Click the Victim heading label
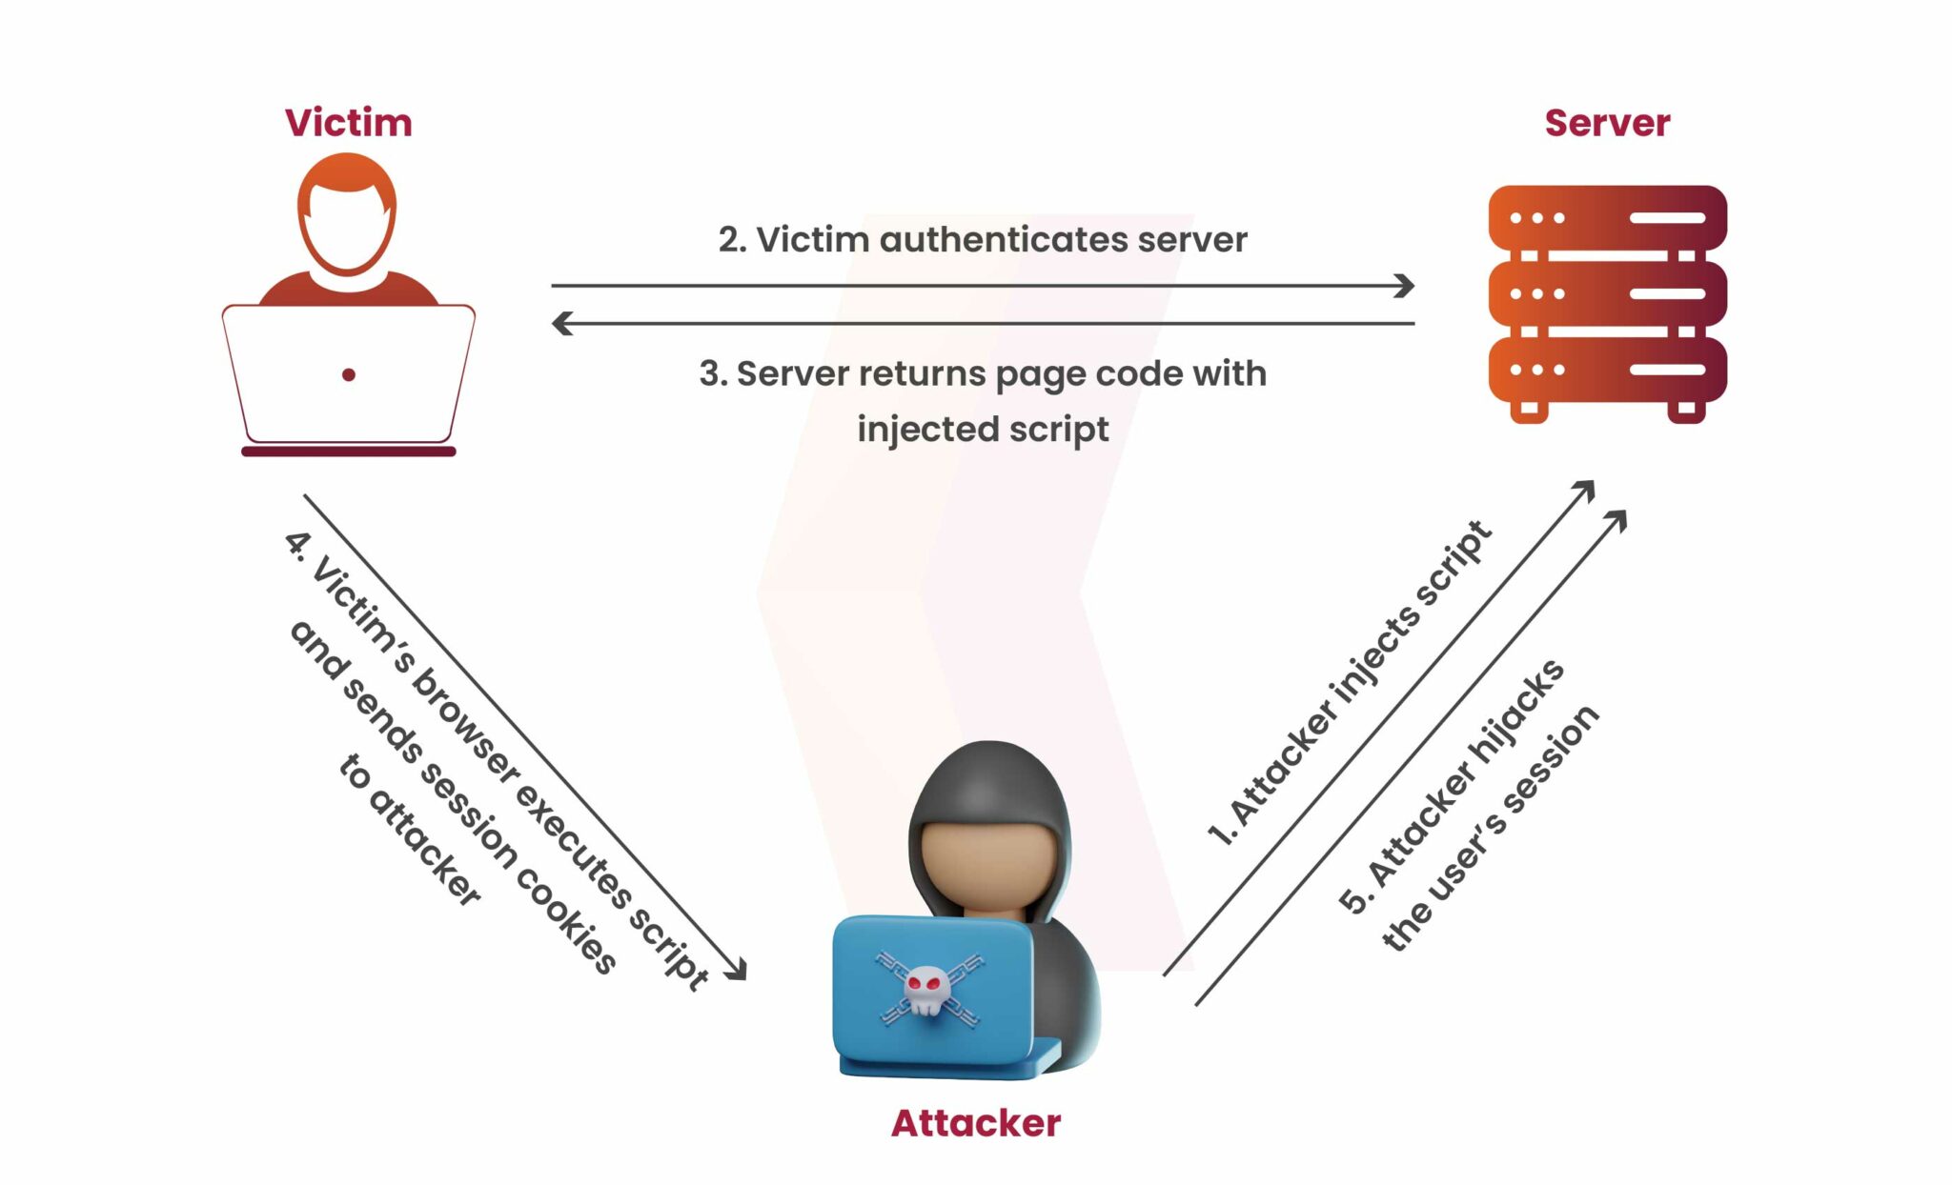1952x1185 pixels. (348, 123)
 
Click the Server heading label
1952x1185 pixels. (1607, 123)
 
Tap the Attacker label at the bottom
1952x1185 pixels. (975, 1123)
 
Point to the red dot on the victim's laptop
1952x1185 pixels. (349, 375)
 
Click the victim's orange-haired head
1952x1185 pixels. (347, 214)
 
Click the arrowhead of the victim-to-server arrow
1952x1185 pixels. (1405, 285)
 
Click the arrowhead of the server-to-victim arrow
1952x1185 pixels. (561, 324)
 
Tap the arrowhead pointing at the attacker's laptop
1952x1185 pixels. (738, 971)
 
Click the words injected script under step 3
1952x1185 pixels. (983, 430)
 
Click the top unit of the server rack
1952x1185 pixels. (1607, 218)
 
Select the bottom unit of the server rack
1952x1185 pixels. (1607, 370)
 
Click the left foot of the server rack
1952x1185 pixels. (1529, 411)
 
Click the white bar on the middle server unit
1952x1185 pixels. (1667, 293)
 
